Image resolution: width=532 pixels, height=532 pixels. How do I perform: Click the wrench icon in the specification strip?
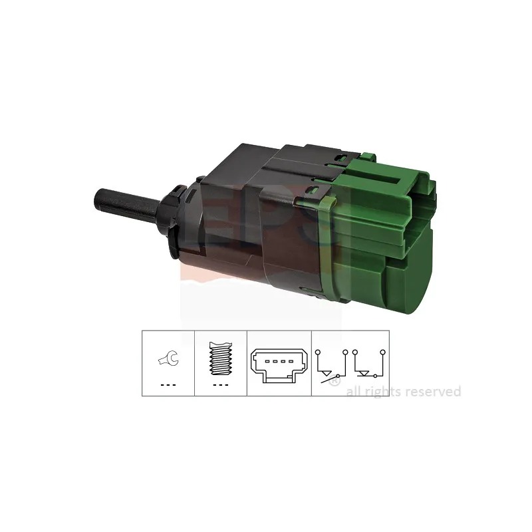169,358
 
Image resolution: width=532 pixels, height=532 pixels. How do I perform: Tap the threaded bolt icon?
221,358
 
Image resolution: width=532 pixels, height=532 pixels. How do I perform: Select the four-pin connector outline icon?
279,366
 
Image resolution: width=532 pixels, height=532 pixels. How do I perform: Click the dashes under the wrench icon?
168,385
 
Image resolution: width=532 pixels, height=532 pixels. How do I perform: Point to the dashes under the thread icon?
221,385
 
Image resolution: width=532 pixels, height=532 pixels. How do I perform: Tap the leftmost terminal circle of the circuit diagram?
318,352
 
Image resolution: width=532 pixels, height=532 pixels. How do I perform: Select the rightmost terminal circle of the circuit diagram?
383,352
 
